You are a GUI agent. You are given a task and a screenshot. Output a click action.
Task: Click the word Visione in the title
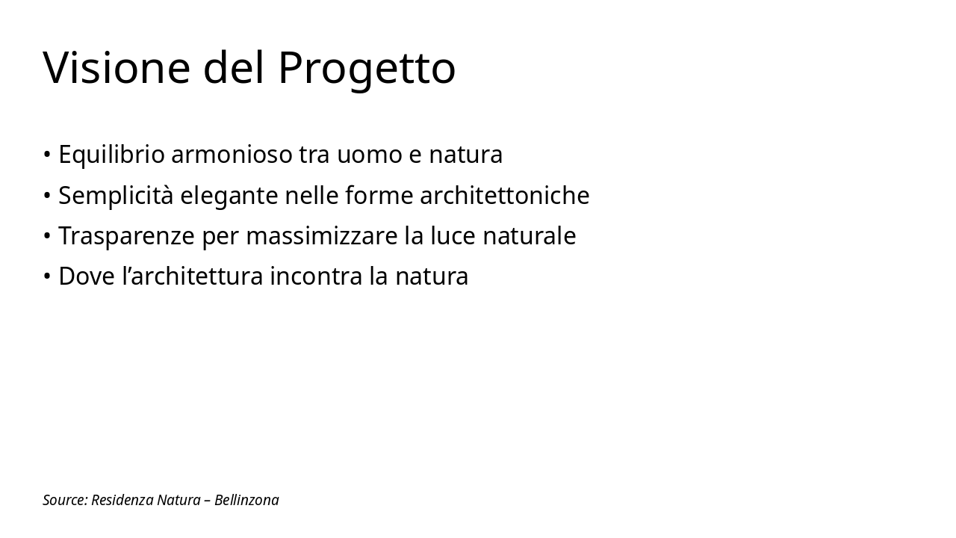117,68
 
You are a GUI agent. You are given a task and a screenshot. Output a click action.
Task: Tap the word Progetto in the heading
366,68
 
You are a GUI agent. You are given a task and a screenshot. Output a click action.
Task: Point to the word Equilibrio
111,155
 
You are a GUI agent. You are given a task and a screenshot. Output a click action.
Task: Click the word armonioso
232,155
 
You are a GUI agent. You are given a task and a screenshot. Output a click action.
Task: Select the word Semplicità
116,196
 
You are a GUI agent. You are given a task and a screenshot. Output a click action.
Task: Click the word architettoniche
504,196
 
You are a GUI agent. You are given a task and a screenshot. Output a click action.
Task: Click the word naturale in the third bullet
529,236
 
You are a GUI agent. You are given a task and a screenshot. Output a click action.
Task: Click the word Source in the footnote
65,501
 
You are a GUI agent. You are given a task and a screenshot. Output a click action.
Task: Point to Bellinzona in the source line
246,501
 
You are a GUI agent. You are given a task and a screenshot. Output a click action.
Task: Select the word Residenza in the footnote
122,501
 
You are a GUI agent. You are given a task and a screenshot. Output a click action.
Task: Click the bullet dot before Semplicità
47,196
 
